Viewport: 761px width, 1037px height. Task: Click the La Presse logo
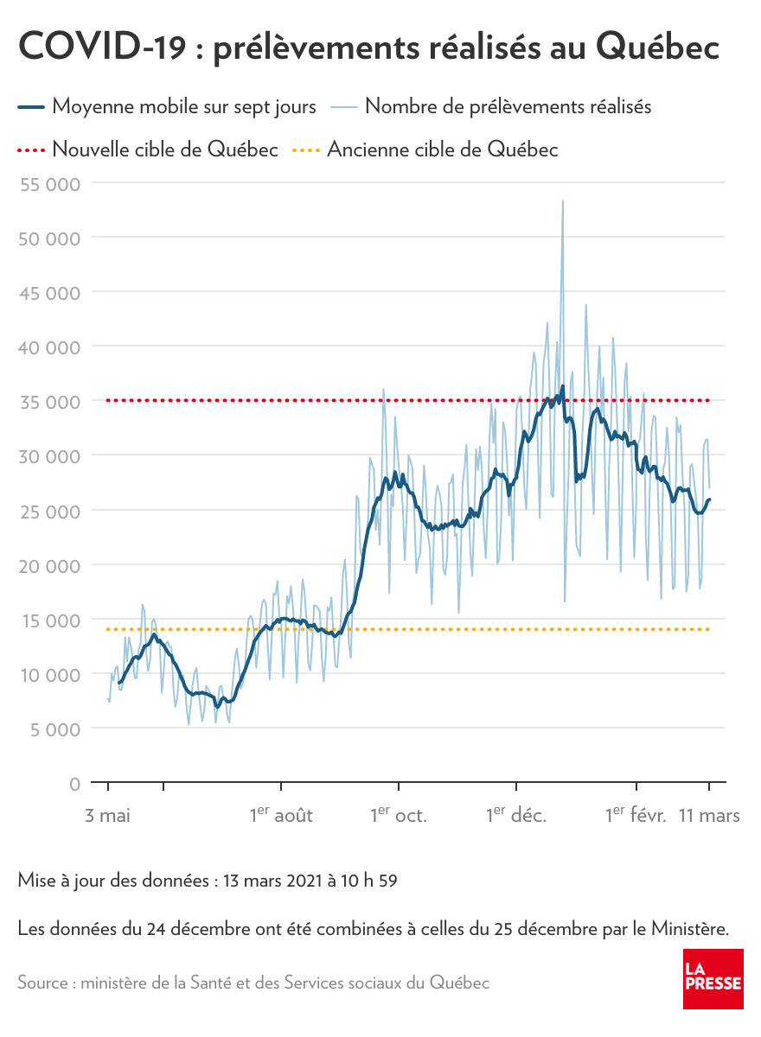[x=713, y=978]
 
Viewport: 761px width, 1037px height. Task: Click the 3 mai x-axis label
[x=108, y=815]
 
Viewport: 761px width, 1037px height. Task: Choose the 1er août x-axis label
[x=281, y=815]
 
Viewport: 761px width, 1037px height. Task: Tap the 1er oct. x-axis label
[x=399, y=815]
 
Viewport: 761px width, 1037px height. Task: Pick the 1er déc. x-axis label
[x=516, y=815]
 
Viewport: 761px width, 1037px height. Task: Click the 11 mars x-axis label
[x=708, y=815]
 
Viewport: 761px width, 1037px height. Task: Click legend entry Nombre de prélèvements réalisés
[x=508, y=107]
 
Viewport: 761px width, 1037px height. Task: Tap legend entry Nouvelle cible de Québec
[x=165, y=150]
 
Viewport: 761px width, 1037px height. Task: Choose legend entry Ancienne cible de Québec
[x=442, y=150]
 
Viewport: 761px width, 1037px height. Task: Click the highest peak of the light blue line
[x=563, y=201]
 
